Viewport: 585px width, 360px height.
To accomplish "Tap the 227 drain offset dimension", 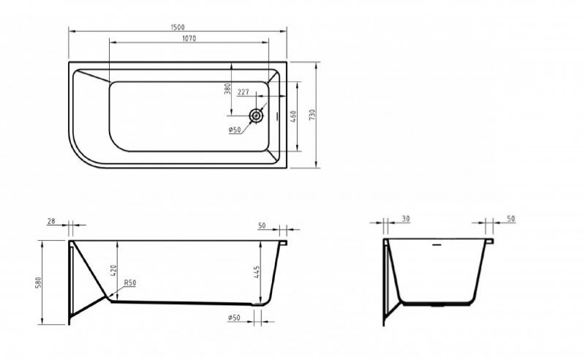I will coord(245,92).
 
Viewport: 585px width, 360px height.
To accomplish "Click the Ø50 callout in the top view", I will coord(235,130).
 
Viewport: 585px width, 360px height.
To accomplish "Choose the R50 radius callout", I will coord(131,282).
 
